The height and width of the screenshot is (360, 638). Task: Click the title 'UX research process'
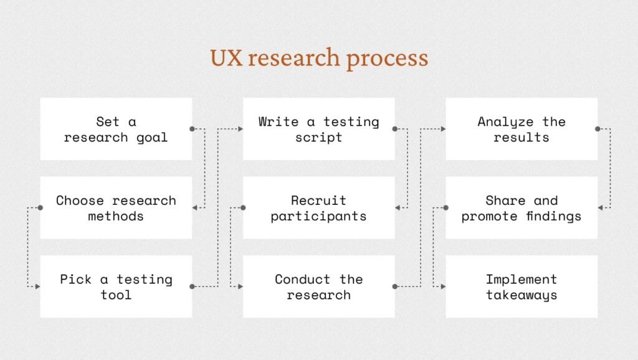pos(319,58)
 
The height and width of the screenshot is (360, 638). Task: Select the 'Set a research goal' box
pos(116,129)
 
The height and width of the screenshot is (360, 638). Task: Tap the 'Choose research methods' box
pos(116,208)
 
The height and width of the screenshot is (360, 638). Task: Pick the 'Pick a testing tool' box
pos(116,287)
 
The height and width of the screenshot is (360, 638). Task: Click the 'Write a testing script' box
pos(318,129)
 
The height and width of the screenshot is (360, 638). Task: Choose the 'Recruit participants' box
pos(318,208)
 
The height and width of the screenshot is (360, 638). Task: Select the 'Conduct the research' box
pos(318,287)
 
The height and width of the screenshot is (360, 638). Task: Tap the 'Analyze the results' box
pos(521,129)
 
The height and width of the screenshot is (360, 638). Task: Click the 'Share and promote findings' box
pos(521,208)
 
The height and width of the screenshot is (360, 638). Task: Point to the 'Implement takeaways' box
pos(521,287)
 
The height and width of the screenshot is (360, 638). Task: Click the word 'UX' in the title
pos(226,58)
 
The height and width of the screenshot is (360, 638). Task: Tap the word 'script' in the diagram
pos(318,138)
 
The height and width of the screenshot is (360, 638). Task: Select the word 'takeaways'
pos(521,295)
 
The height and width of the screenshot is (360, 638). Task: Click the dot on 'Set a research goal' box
pos(192,129)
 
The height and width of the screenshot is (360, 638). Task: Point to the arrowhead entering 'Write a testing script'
pos(240,129)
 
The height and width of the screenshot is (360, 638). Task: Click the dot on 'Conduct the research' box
pos(394,287)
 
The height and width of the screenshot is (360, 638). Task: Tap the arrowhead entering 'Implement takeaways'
pos(444,287)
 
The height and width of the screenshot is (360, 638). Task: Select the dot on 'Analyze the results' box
pos(598,129)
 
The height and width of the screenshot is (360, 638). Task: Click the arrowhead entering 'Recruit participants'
pos(398,208)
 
